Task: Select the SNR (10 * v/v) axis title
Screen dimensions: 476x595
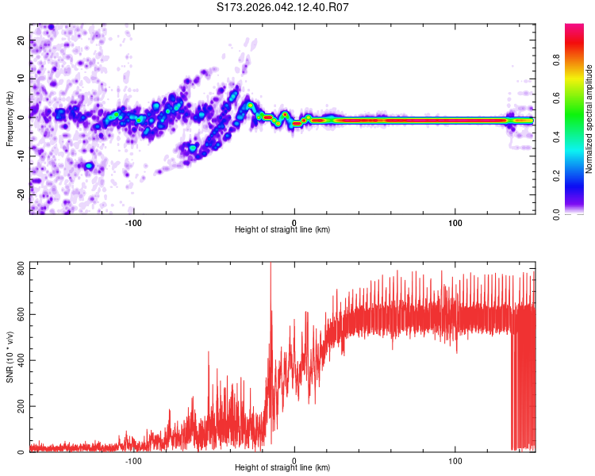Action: coord(10,357)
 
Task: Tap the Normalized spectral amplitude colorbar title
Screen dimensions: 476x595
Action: coord(589,119)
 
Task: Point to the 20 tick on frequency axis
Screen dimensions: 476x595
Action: coord(21,41)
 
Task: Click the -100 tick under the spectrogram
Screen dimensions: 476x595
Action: coord(133,222)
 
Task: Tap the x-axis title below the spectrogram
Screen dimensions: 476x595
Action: coord(282,230)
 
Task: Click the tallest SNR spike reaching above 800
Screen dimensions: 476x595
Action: coord(271,265)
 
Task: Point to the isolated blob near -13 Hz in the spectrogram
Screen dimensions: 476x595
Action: coord(90,166)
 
